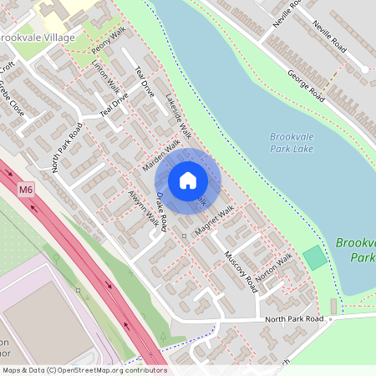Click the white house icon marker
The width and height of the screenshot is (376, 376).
[188, 180]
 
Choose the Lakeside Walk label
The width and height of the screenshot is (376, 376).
[180, 115]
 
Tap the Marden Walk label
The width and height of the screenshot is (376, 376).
[160, 155]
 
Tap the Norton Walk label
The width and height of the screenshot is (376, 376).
[275, 267]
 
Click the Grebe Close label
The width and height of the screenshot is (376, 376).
[11, 99]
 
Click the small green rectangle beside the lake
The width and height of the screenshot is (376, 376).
[315, 258]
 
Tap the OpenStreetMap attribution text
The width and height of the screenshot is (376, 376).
[83, 370]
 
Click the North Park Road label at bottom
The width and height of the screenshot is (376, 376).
[293, 319]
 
